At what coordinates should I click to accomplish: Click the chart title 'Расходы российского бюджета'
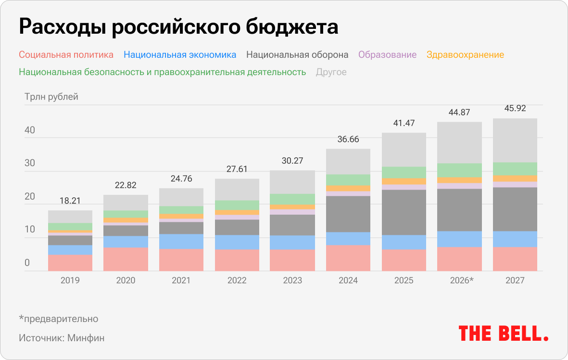tap(178, 27)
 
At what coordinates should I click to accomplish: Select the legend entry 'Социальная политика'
tap(66, 54)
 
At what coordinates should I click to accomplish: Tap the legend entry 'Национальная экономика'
tap(180, 54)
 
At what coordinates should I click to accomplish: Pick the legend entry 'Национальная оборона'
tap(297, 54)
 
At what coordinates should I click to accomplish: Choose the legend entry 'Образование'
tap(387, 54)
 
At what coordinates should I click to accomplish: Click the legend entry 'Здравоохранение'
tap(465, 54)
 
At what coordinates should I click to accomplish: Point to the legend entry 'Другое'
tap(331, 72)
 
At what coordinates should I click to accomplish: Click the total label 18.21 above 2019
tap(70, 201)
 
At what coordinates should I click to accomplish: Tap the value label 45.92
tap(515, 109)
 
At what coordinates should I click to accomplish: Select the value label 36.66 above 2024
tap(348, 140)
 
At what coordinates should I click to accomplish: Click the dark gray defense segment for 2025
tap(404, 212)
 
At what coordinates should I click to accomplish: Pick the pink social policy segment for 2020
tap(126, 259)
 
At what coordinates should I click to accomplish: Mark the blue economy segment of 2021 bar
tap(181, 241)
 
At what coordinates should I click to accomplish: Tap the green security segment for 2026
tap(459, 170)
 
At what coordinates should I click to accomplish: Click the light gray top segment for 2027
tap(515, 140)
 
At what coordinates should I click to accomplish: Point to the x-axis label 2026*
tap(460, 280)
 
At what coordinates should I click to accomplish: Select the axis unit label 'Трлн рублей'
tap(51, 97)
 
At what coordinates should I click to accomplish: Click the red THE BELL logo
tap(503, 333)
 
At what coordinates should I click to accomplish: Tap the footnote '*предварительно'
tap(59, 319)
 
